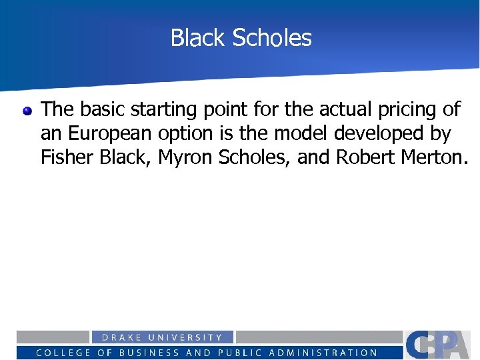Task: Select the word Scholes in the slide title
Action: (272, 38)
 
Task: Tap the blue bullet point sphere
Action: (27, 111)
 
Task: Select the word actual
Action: (331, 109)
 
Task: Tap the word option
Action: (186, 134)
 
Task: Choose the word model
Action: (299, 133)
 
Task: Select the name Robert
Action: (366, 157)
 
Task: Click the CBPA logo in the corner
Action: (441, 345)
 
